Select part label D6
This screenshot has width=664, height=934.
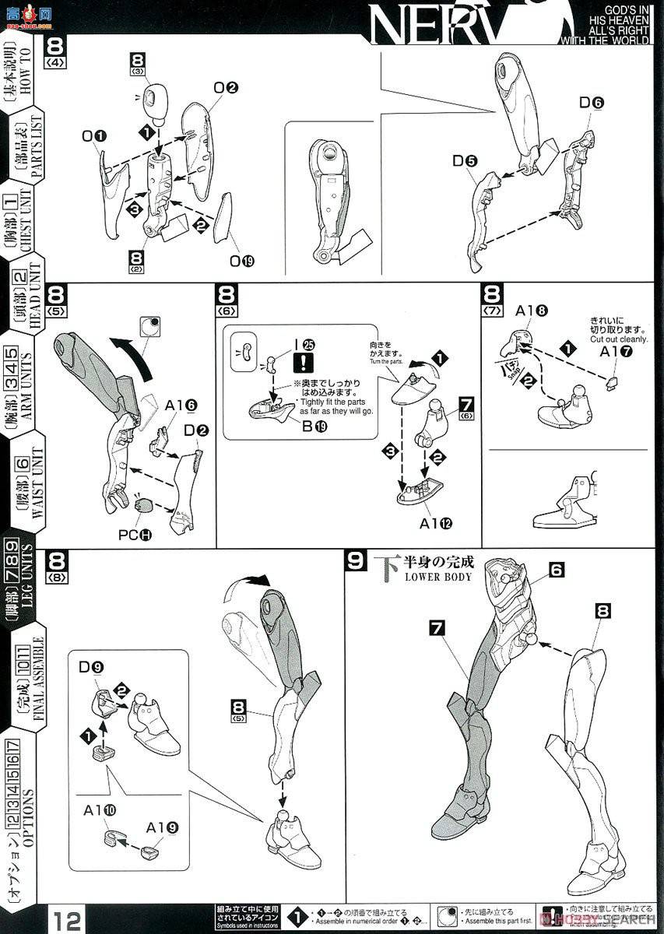click(592, 103)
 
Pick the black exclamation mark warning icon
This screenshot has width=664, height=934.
click(301, 363)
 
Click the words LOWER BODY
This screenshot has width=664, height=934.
click(437, 577)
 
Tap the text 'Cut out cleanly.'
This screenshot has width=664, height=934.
click(618, 339)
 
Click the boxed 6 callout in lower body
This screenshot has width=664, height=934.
click(555, 570)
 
